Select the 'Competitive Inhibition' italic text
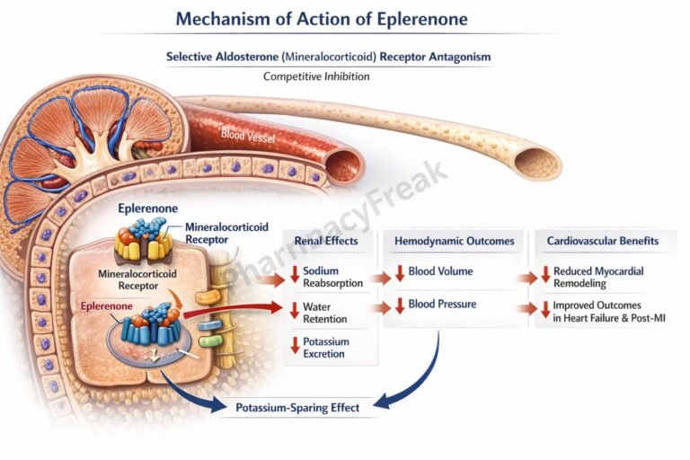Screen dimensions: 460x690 315,76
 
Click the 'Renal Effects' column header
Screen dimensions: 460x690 326,241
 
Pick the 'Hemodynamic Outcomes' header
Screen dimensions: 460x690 454,241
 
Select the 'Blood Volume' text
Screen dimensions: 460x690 440,270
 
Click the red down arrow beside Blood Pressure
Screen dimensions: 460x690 400,305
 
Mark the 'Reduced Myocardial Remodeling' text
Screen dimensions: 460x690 597,277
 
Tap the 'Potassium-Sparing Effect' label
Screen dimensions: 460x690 297,408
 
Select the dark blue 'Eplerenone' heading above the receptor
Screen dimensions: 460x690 148,208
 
